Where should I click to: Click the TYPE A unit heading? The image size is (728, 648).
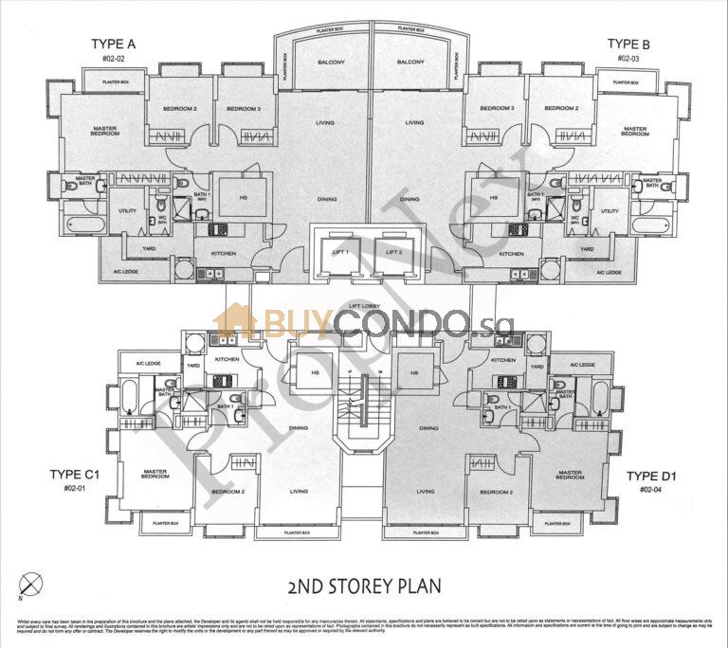[114, 44]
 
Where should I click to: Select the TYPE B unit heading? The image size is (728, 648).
[628, 44]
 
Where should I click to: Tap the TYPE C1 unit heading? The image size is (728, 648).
[80, 476]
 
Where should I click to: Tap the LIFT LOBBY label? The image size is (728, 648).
[364, 307]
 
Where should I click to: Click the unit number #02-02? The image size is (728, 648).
[114, 59]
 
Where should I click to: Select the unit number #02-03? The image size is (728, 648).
[628, 59]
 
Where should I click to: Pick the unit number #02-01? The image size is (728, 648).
[80, 490]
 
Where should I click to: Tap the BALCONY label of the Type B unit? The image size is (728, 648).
[410, 63]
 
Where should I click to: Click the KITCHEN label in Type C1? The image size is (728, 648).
[226, 361]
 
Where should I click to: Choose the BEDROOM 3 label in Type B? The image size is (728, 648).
[496, 109]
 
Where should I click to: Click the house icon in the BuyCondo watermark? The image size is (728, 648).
[234, 321]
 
